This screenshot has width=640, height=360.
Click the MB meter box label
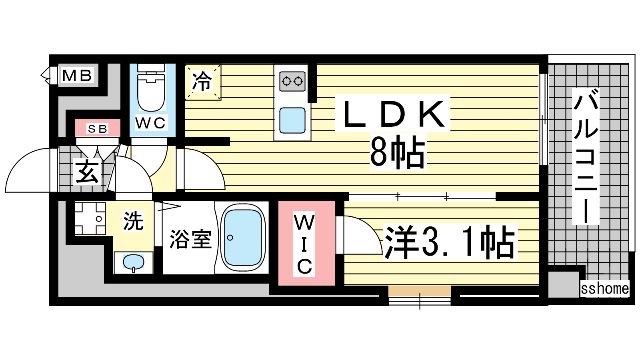[x=77, y=76]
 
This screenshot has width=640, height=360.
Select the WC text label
[x=150, y=123]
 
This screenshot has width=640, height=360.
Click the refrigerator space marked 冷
[x=202, y=82]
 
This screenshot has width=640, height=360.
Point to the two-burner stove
[x=292, y=82]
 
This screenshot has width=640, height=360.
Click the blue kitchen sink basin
[x=292, y=120]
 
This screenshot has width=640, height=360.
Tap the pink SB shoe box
[x=98, y=128]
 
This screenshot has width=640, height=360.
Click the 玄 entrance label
[x=87, y=172]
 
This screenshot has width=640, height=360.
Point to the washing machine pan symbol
[x=90, y=218]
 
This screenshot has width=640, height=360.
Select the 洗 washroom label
[x=133, y=220]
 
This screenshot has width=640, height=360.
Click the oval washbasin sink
[x=134, y=262]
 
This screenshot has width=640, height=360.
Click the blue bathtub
[x=242, y=238]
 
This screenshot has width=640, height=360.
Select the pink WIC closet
[x=306, y=243]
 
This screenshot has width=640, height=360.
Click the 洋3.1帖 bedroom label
[x=450, y=242]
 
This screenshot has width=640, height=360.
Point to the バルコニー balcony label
[x=586, y=156]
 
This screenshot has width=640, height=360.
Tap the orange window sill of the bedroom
[x=420, y=290]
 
